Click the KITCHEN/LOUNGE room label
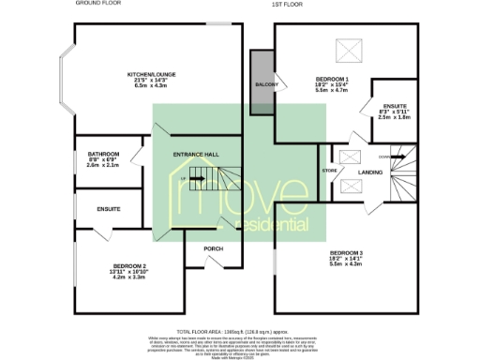152,73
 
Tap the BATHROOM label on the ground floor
103,153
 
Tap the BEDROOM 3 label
347,253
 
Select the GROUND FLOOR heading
97,5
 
